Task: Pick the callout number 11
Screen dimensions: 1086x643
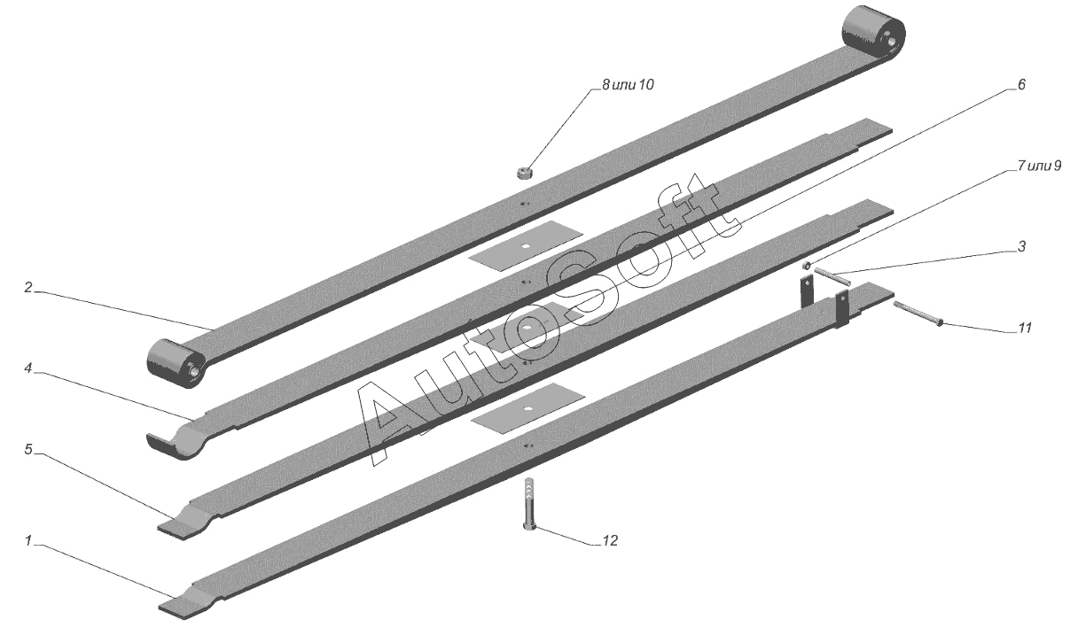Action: pos(1025,329)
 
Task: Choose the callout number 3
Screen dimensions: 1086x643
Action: pos(1021,247)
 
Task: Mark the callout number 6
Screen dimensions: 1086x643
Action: pos(1020,85)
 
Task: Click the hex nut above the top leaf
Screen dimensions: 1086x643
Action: pos(524,170)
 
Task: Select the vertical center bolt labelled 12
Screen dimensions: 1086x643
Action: pos(529,505)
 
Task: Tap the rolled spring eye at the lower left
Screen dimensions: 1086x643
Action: pos(176,364)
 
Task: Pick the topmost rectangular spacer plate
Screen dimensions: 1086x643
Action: pos(527,242)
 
